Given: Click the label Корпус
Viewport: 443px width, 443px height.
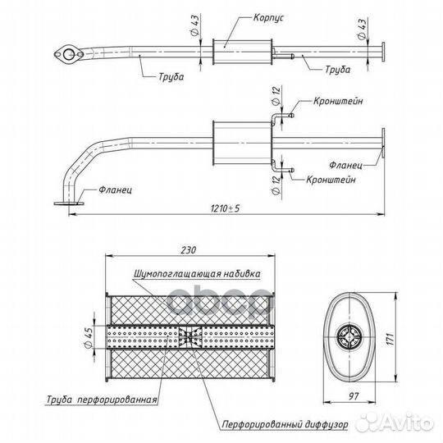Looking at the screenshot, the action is point(268,18).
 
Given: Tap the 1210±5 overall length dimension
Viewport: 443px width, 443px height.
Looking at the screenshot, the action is point(225,208).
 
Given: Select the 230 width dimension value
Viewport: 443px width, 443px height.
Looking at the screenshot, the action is point(188,250).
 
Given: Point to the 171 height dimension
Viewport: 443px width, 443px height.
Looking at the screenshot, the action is point(390,339).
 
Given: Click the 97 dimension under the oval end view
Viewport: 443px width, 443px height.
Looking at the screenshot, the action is point(353,396).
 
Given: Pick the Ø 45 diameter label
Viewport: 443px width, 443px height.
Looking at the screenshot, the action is point(89,337).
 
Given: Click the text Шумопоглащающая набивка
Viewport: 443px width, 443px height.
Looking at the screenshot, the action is point(197,274).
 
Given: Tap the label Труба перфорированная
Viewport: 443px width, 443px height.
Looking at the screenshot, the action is point(102,400).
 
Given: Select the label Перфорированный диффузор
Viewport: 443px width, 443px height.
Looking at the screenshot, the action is point(285,424).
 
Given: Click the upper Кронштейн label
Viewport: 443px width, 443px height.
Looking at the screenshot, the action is point(338,101).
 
